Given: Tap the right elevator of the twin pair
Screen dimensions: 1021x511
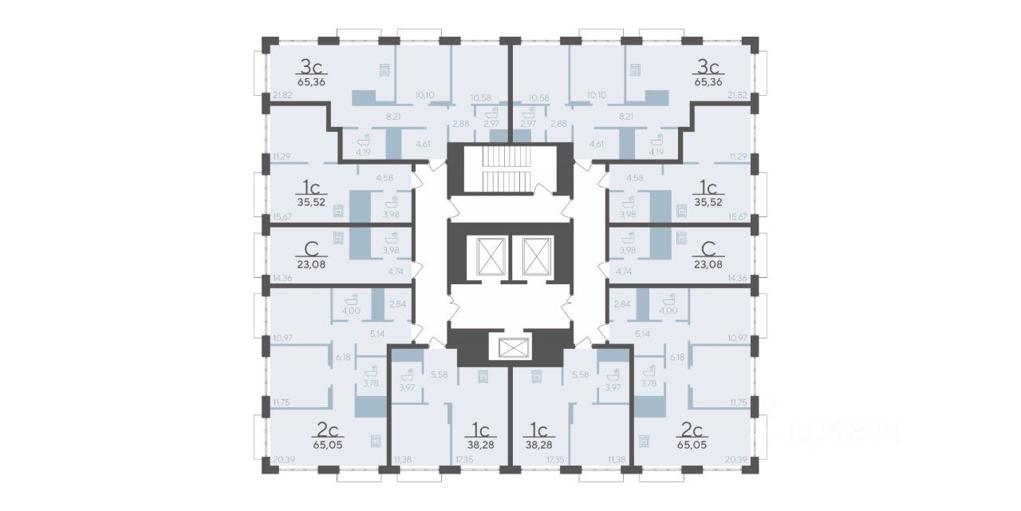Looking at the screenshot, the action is point(532,255).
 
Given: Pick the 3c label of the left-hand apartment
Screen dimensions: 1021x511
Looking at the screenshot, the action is point(310,66).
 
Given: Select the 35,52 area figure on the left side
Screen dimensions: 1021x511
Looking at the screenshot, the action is point(311,203).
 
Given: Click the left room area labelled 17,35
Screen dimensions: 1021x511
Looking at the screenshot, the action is point(465,459).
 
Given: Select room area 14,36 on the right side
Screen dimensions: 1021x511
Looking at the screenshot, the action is point(739,278).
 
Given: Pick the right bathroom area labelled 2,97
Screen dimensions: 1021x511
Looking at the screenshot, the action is point(528,125).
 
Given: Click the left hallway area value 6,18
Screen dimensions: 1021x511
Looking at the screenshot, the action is point(344,357).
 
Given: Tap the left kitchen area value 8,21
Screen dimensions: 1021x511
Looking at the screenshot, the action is point(393,117).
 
